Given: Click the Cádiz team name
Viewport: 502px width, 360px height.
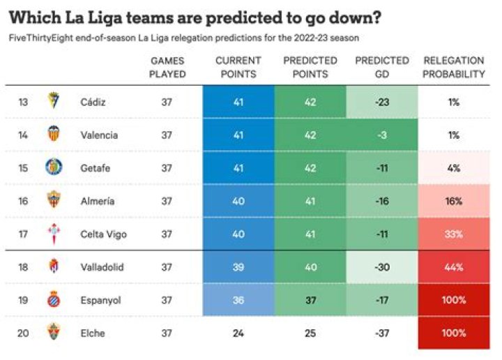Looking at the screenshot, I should tap(93, 103).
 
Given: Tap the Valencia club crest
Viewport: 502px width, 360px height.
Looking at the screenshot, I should tap(53, 135).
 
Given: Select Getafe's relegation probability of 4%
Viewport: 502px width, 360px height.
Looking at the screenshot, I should tap(454, 168).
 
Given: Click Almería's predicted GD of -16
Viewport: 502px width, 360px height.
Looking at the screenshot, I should tap(381, 201).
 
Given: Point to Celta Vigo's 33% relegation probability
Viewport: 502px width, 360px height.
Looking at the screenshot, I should tap(454, 234).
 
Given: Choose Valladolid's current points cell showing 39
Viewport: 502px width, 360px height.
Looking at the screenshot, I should tap(238, 267).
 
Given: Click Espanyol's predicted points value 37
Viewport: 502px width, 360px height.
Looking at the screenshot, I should tap(310, 300).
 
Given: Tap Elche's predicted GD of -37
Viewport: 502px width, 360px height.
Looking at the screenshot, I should tap(381, 333).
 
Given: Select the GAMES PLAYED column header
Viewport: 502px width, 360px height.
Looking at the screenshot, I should tap(167, 67).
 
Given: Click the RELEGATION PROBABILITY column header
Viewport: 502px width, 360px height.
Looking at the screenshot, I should tap(454, 67).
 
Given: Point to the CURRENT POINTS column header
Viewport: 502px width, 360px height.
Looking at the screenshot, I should tap(238, 67).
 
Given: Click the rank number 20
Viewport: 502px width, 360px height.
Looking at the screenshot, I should tap(24, 333).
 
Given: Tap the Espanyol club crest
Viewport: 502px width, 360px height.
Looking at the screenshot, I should tap(53, 300).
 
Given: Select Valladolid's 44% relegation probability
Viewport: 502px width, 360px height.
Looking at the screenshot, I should tap(454, 267).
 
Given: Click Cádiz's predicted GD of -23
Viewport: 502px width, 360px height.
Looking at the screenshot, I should tap(381, 103).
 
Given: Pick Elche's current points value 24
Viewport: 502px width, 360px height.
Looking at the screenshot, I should tap(238, 333).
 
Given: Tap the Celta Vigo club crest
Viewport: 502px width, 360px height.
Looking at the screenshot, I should tap(53, 234).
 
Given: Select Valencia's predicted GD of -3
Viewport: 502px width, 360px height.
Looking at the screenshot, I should tap(381, 135).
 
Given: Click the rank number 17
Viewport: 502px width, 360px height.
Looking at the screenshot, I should tap(24, 234).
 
